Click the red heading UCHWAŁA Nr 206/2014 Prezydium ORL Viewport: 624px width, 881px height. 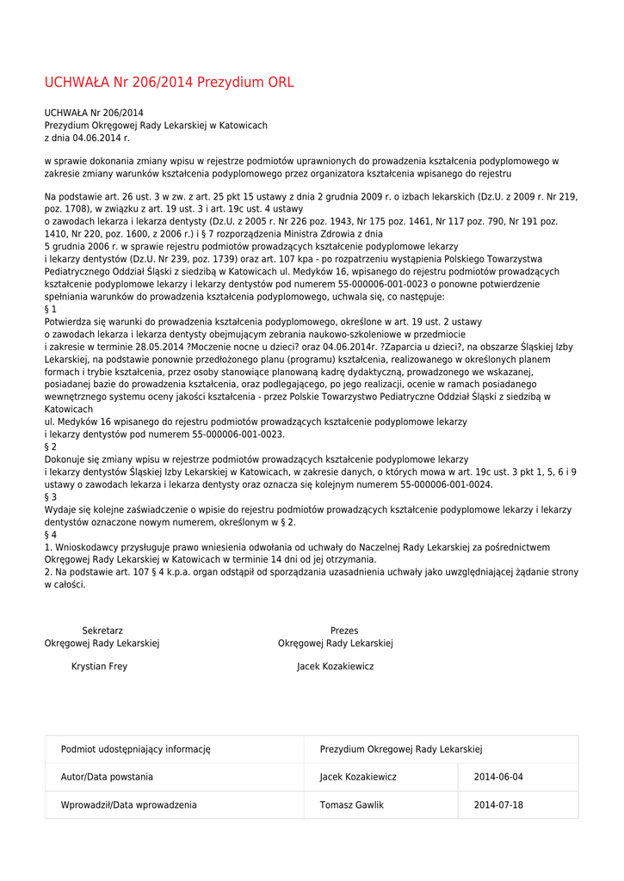click(x=169, y=83)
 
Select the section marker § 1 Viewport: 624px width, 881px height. click(x=51, y=309)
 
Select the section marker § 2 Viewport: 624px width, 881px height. click(x=51, y=447)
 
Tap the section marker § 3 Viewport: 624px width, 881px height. click(x=51, y=497)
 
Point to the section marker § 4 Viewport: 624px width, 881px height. click(x=51, y=534)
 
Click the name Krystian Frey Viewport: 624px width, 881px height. click(x=99, y=667)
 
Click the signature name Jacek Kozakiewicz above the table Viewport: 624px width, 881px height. click(x=335, y=667)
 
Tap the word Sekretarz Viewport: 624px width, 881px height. click(x=102, y=631)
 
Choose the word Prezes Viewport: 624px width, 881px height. click(x=344, y=631)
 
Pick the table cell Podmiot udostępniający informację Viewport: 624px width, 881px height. click(x=135, y=749)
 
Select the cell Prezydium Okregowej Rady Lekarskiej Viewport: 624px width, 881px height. click(x=401, y=749)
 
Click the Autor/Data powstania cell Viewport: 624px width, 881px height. click(x=107, y=777)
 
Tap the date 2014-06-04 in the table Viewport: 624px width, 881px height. click(x=498, y=777)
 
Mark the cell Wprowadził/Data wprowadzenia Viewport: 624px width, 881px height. click(x=128, y=805)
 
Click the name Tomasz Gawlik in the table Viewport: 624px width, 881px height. click(x=351, y=805)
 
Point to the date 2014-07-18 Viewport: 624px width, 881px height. click(x=498, y=805)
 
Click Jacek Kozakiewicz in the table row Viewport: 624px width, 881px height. click(x=358, y=777)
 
